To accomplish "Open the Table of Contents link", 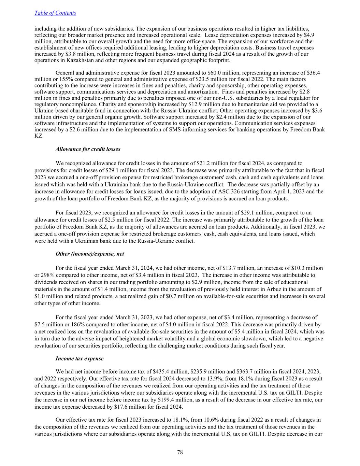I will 55,13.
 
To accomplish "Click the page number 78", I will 180,452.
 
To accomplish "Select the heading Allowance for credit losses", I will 88,149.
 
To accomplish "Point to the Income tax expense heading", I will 80,358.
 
